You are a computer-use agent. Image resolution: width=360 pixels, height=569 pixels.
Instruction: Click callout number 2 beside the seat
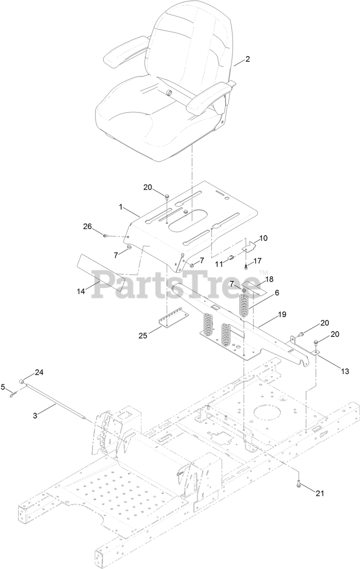(x=248, y=59)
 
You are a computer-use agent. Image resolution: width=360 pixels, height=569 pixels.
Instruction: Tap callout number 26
(x=87, y=227)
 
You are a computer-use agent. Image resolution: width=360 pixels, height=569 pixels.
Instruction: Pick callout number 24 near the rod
(x=39, y=373)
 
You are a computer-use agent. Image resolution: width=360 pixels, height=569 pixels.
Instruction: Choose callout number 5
(x=4, y=387)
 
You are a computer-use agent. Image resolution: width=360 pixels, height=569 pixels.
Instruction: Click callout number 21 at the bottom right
(x=320, y=493)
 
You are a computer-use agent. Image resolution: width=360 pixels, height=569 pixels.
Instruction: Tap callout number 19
(x=281, y=314)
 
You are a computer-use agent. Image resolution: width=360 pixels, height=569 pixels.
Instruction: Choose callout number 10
(x=263, y=238)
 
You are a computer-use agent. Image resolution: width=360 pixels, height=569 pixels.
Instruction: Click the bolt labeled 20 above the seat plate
(x=167, y=196)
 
